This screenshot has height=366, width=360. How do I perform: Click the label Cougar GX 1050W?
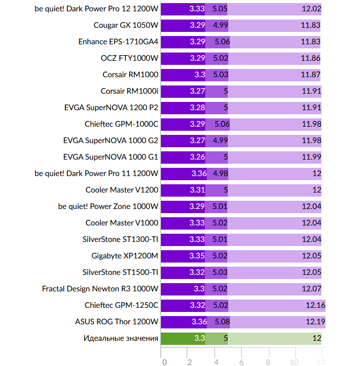[126, 25]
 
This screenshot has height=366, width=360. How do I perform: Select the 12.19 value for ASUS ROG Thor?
[315, 322]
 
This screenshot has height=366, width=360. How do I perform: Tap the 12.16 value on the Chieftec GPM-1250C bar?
[315, 305]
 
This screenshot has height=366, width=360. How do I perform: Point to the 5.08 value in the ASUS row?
[222, 322]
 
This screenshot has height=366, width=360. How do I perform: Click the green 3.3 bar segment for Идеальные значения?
[183, 338]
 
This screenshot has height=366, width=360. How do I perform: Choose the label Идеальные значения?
[121, 338]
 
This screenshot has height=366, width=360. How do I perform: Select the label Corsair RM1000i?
[130, 91]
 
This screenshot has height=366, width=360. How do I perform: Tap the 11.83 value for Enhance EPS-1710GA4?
[311, 42]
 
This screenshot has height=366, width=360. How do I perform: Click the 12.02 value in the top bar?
[311, 9]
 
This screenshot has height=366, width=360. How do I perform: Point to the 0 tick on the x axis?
[164, 362]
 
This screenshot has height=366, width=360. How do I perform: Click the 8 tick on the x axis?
[268, 362]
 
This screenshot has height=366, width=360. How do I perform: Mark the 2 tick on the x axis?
[190, 362]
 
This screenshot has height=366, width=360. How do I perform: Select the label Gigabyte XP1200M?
[125, 256]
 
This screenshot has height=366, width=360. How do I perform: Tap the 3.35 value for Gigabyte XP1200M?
[197, 256]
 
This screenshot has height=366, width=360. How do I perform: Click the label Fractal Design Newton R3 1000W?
[100, 289]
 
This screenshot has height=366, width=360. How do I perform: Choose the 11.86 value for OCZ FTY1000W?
[311, 58]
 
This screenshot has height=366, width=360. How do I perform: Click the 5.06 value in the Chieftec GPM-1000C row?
[222, 124]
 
